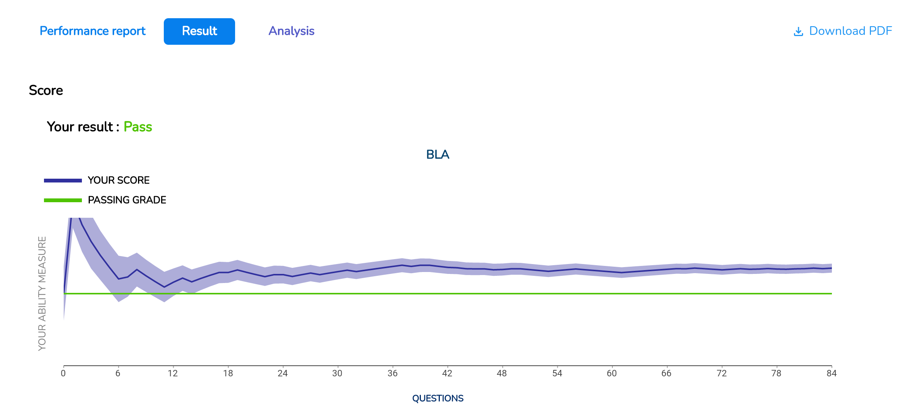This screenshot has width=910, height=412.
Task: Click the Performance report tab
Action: [93, 31]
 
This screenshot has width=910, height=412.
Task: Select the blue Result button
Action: [199, 31]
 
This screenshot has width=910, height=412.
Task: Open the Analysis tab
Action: [292, 31]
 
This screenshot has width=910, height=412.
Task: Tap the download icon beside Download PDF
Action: [799, 32]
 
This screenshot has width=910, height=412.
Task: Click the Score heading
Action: [46, 90]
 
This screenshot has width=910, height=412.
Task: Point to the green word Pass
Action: [138, 127]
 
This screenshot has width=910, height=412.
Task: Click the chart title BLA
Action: [438, 154]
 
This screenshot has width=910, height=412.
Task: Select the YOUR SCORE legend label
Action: [119, 180]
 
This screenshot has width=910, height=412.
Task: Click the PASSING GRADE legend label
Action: [127, 200]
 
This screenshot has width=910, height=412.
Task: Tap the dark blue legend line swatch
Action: [63, 181]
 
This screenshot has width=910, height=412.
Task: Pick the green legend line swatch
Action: [63, 200]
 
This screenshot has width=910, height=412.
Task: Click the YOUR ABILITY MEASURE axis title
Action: [42, 293]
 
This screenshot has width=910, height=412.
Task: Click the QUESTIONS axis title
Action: [438, 398]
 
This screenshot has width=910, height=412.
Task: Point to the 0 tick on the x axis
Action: [63, 373]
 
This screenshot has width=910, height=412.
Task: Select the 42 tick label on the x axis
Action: [447, 373]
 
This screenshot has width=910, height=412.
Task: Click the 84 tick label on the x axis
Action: [832, 373]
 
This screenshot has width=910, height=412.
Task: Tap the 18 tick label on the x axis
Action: [228, 373]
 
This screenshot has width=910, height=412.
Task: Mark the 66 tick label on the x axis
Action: [667, 373]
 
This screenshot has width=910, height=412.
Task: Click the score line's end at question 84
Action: [832, 268]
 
